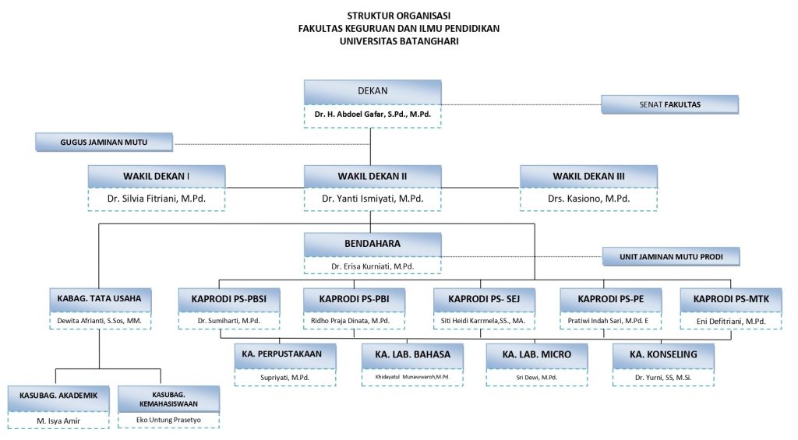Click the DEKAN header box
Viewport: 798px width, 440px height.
pyautogui.click(x=372, y=91)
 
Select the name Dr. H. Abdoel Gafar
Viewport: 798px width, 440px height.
pyautogui.click(x=372, y=114)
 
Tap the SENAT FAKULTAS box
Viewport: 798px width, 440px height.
pyautogui.click(x=669, y=104)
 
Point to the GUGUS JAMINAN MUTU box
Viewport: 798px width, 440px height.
pyautogui.click(x=104, y=143)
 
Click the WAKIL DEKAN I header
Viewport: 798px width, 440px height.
pyautogui.click(x=157, y=177)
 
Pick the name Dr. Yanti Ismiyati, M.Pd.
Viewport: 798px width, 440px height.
pyautogui.click(x=372, y=199)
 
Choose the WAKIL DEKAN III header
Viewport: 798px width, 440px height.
pyautogui.click(x=588, y=177)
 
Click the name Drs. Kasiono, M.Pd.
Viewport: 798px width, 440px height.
pyautogui.click(x=588, y=199)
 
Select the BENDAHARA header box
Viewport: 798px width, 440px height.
pyautogui.click(x=372, y=244)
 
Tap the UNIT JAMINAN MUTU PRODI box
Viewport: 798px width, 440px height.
pyautogui.click(x=670, y=256)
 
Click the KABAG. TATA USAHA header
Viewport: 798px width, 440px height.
pyautogui.click(x=98, y=298)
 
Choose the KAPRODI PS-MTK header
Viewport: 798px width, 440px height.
pyautogui.click(x=729, y=298)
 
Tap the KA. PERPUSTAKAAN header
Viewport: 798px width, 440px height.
pyautogui.click(x=286, y=354)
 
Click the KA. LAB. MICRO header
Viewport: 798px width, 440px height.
pyautogui.click(x=537, y=354)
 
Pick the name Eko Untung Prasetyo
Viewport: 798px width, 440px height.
pyautogui.click(x=168, y=420)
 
